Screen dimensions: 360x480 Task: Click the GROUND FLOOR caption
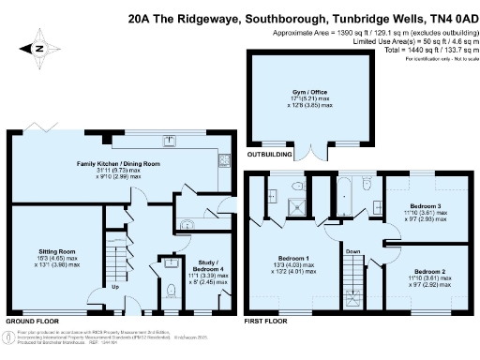pyautogui.click(x=28, y=321)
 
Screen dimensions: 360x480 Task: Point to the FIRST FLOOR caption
pyautogui.click(x=265, y=321)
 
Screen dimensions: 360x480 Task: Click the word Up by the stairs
pyautogui.click(x=114, y=287)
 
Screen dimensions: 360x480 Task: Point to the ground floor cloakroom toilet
pyautogui.click(x=169, y=291)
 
